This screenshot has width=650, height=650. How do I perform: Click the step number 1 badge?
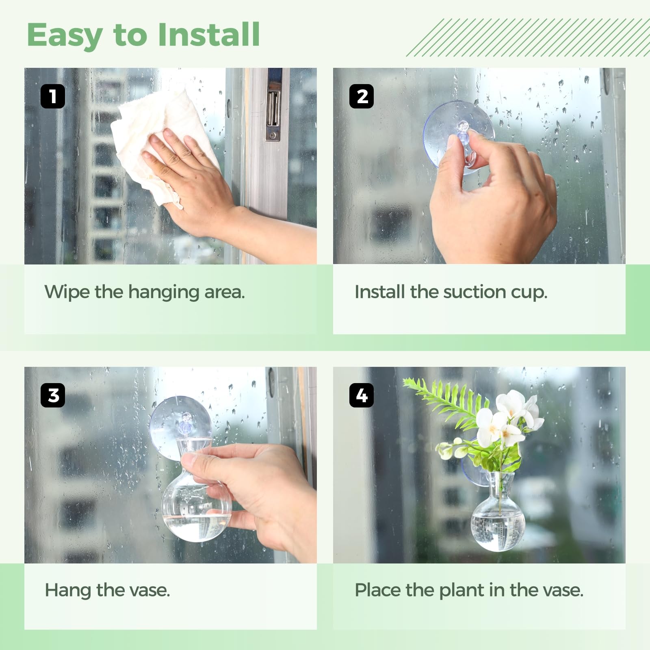click(x=53, y=96)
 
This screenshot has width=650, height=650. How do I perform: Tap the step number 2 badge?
click(x=362, y=96)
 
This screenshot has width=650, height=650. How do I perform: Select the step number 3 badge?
click(x=53, y=395)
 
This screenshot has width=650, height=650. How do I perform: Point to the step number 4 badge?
click(x=362, y=395)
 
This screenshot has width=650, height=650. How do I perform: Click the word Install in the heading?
click(x=208, y=35)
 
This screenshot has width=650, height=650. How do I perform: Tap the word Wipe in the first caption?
click(x=67, y=292)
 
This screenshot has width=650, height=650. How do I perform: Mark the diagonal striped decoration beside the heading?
click(x=528, y=37)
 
